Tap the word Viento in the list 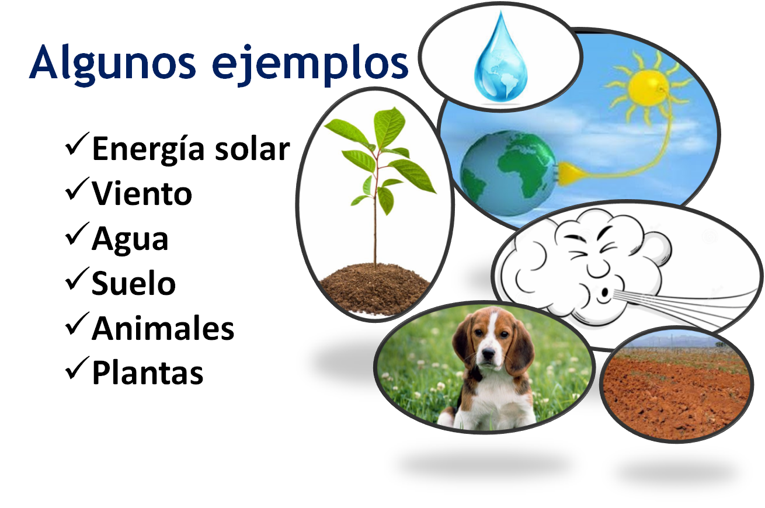(x=142, y=193)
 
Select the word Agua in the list (x=130, y=239)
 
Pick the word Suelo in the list (x=134, y=284)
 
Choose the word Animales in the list (x=163, y=328)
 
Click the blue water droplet (x=500, y=61)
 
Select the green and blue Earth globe (x=506, y=173)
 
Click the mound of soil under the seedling (x=375, y=286)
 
